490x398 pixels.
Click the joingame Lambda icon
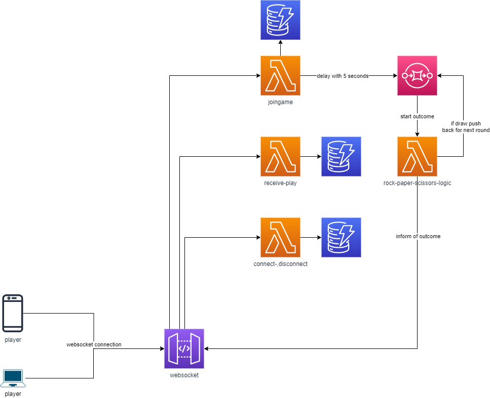(280, 75)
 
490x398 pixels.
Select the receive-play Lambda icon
(280, 156)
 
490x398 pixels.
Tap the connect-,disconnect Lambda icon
(280, 237)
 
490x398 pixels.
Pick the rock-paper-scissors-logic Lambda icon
(417, 156)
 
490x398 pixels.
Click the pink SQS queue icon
(417, 75)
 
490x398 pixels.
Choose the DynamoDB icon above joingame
(280, 20)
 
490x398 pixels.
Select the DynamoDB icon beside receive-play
(341, 156)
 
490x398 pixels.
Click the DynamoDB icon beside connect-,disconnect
(341, 237)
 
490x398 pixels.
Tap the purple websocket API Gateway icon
(184, 348)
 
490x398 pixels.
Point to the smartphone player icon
(13, 313)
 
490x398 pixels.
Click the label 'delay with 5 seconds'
(343, 76)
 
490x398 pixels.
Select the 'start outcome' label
(417, 116)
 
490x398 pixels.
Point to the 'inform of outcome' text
(418, 236)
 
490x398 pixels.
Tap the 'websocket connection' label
(94, 344)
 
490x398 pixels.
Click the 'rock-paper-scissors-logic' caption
(417, 183)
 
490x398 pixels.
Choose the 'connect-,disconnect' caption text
(280, 264)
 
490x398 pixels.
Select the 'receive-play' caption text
(280, 183)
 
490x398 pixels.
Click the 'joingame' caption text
(280, 102)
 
